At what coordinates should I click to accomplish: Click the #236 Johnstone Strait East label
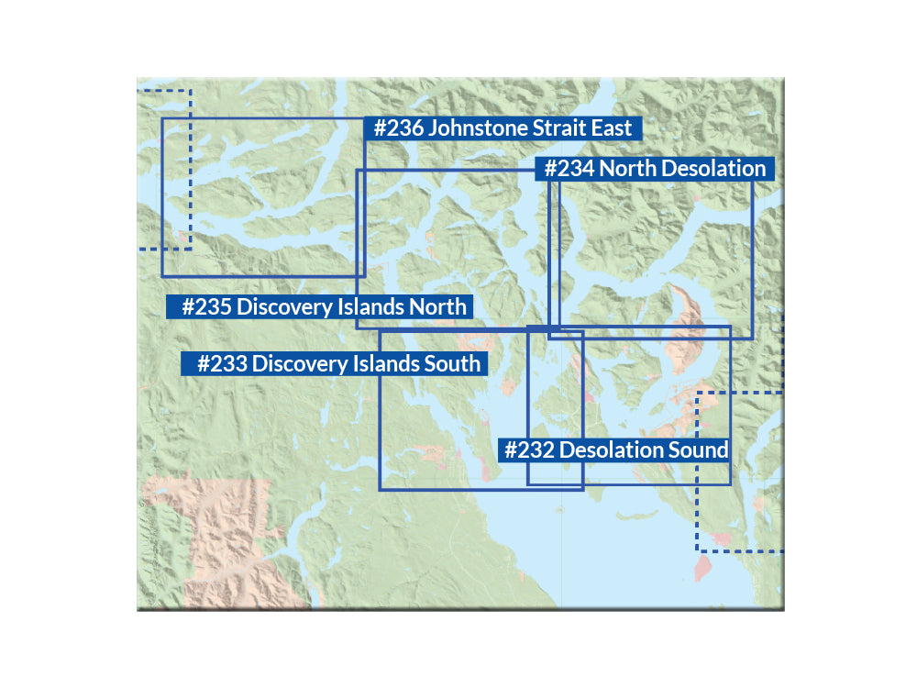(x=503, y=128)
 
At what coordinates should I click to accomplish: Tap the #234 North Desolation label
(x=655, y=169)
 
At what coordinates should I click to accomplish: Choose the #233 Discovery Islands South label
(x=331, y=364)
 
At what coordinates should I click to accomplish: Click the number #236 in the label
(x=398, y=128)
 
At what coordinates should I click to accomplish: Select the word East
(x=612, y=128)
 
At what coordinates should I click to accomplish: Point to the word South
(x=450, y=364)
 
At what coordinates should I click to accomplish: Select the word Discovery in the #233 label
(x=293, y=364)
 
